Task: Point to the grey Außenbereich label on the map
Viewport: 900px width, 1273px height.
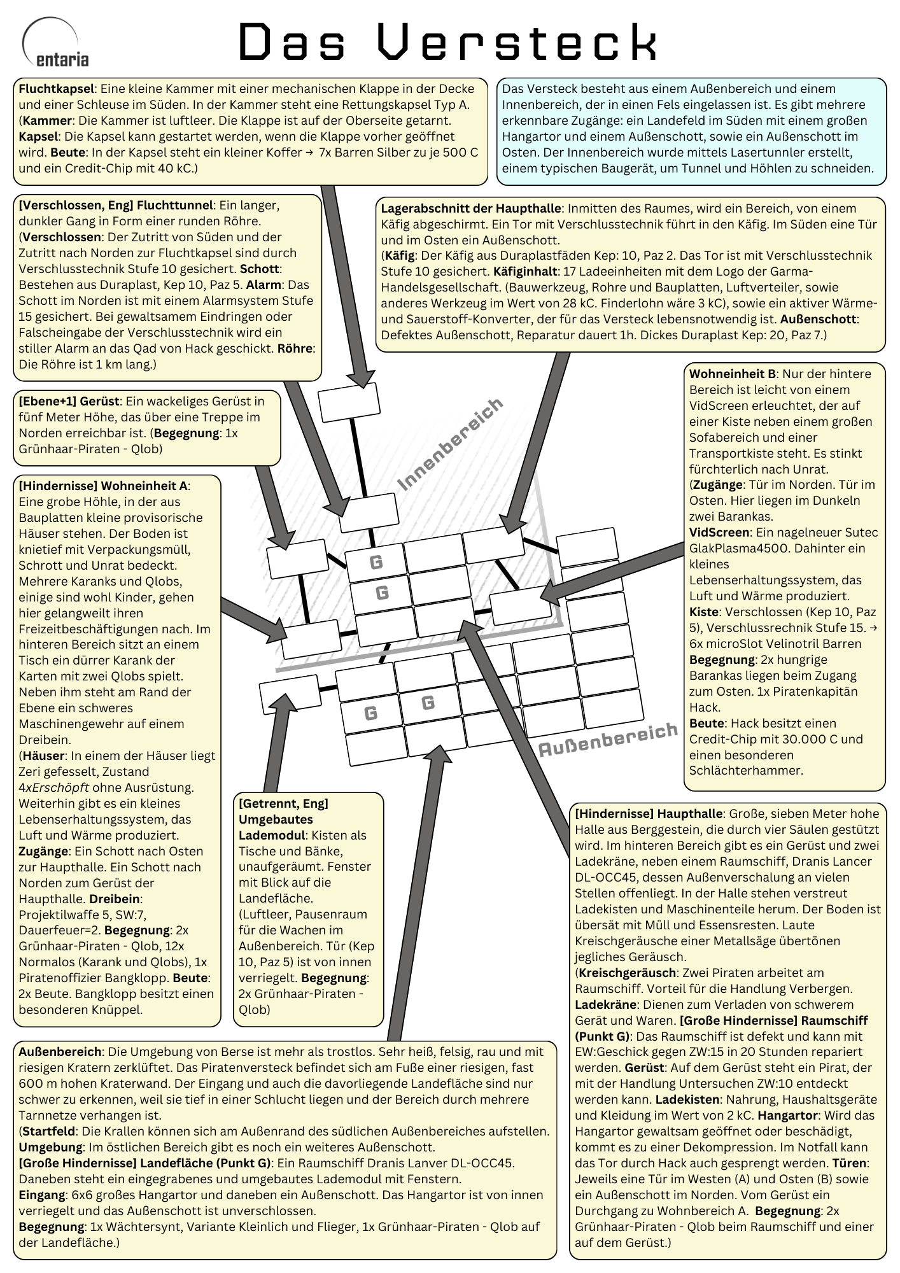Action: pyautogui.click(x=608, y=739)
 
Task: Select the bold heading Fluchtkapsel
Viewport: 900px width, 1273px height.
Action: pyautogui.click(x=57, y=88)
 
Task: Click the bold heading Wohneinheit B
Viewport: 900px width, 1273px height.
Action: pyautogui.click(x=731, y=374)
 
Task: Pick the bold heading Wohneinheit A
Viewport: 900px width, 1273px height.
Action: pyautogui.click(x=144, y=486)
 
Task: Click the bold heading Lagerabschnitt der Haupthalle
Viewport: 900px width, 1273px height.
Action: pyautogui.click(x=471, y=208)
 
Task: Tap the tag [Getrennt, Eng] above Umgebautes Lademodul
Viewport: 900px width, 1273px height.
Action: pyautogui.click(x=283, y=803)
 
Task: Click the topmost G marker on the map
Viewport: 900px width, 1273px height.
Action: pyautogui.click(x=376, y=562)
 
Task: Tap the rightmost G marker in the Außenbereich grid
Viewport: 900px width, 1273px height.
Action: pyautogui.click(x=428, y=703)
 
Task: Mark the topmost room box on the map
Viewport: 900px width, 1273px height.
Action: pyautogui.click(x=349, y=402)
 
